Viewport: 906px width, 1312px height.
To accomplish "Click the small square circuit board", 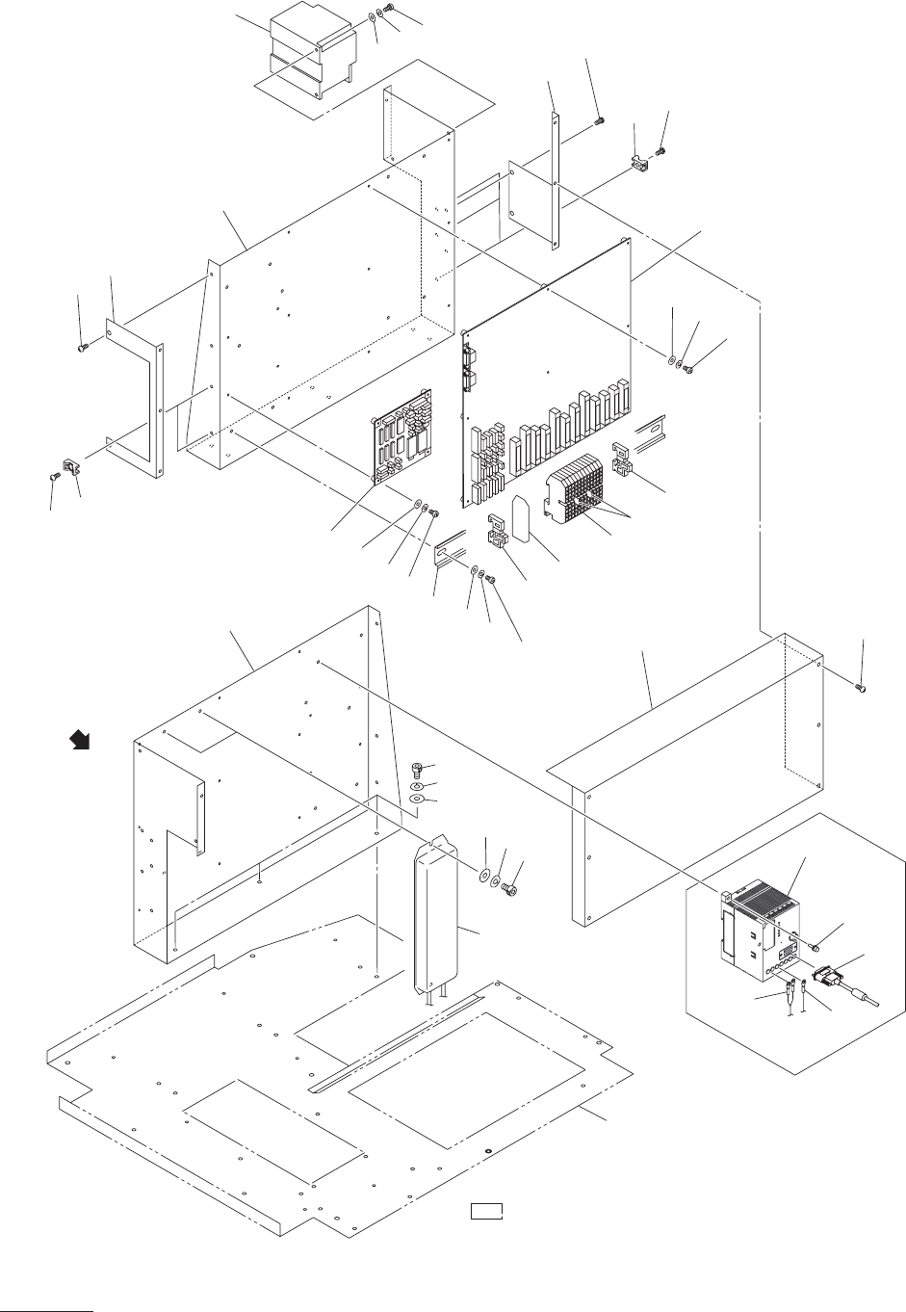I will (401, 439).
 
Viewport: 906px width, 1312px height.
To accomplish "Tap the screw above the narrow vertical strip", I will (599, 120).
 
